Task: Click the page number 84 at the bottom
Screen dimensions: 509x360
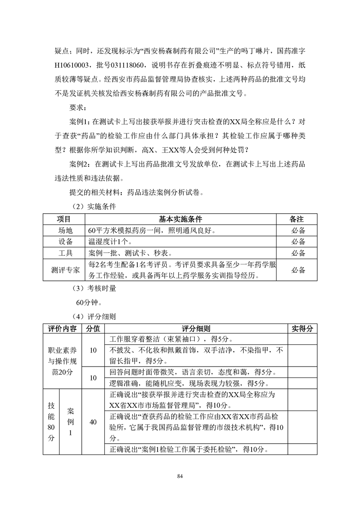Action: click(x=180, y=476)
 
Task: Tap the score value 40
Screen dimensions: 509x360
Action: click(x=93, y=422)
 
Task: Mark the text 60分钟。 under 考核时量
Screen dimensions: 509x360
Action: click(x=89, y=302)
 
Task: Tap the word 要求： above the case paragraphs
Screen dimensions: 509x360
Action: click(x=79, y=108)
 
